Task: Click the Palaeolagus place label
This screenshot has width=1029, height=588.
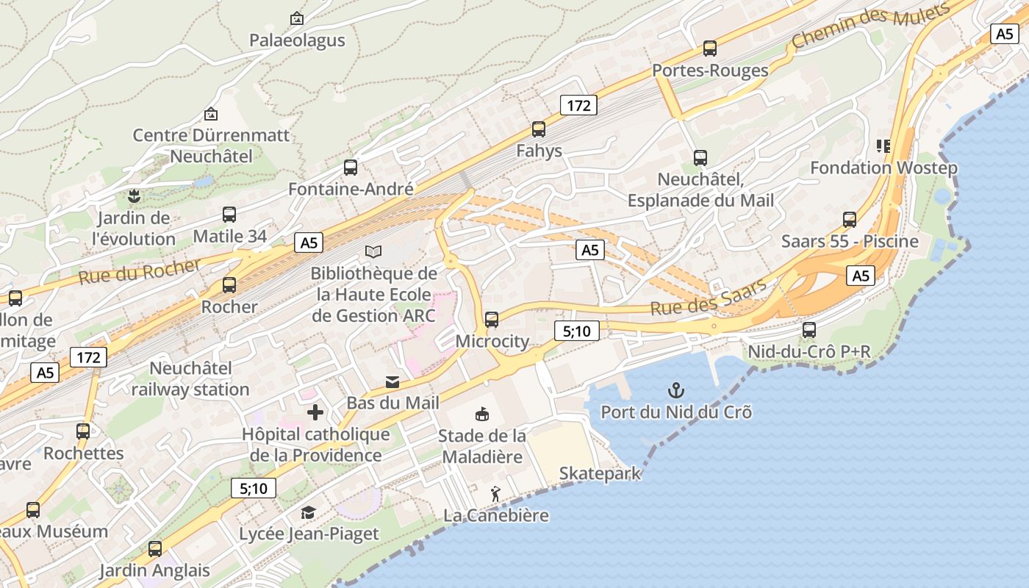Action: pos(297,40)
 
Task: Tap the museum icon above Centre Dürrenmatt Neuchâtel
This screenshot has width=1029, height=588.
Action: pos(211,114)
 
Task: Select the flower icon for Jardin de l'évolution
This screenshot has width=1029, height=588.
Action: pos(134,196)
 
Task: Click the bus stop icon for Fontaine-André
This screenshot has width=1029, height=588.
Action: pos(351,167)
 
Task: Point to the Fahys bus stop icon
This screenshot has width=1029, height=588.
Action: pos(539,129)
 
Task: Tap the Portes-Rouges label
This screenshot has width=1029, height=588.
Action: pos(710,71)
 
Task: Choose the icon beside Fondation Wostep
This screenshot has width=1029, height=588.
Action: pos(883,146)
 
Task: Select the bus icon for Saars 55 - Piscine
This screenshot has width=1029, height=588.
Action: pos(850,219)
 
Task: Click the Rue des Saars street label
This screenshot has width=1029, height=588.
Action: pos(708,298)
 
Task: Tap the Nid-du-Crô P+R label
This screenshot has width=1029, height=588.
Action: pos(808,352)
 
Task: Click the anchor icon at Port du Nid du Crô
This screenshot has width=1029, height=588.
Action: pos(675,390)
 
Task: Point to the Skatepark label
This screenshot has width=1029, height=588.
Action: pos(600,474)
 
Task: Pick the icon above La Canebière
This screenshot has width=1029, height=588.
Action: pos(496,494)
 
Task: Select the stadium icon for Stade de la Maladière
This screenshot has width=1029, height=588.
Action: pos(482,415)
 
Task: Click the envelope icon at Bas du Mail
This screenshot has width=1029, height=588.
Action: pos(392,382)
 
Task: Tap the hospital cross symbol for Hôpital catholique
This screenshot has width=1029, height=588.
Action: pos(315,412)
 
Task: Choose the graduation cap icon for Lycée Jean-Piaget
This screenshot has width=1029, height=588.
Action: pos(309,512)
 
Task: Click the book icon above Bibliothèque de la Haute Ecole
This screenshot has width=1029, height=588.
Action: pos(373,252)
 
